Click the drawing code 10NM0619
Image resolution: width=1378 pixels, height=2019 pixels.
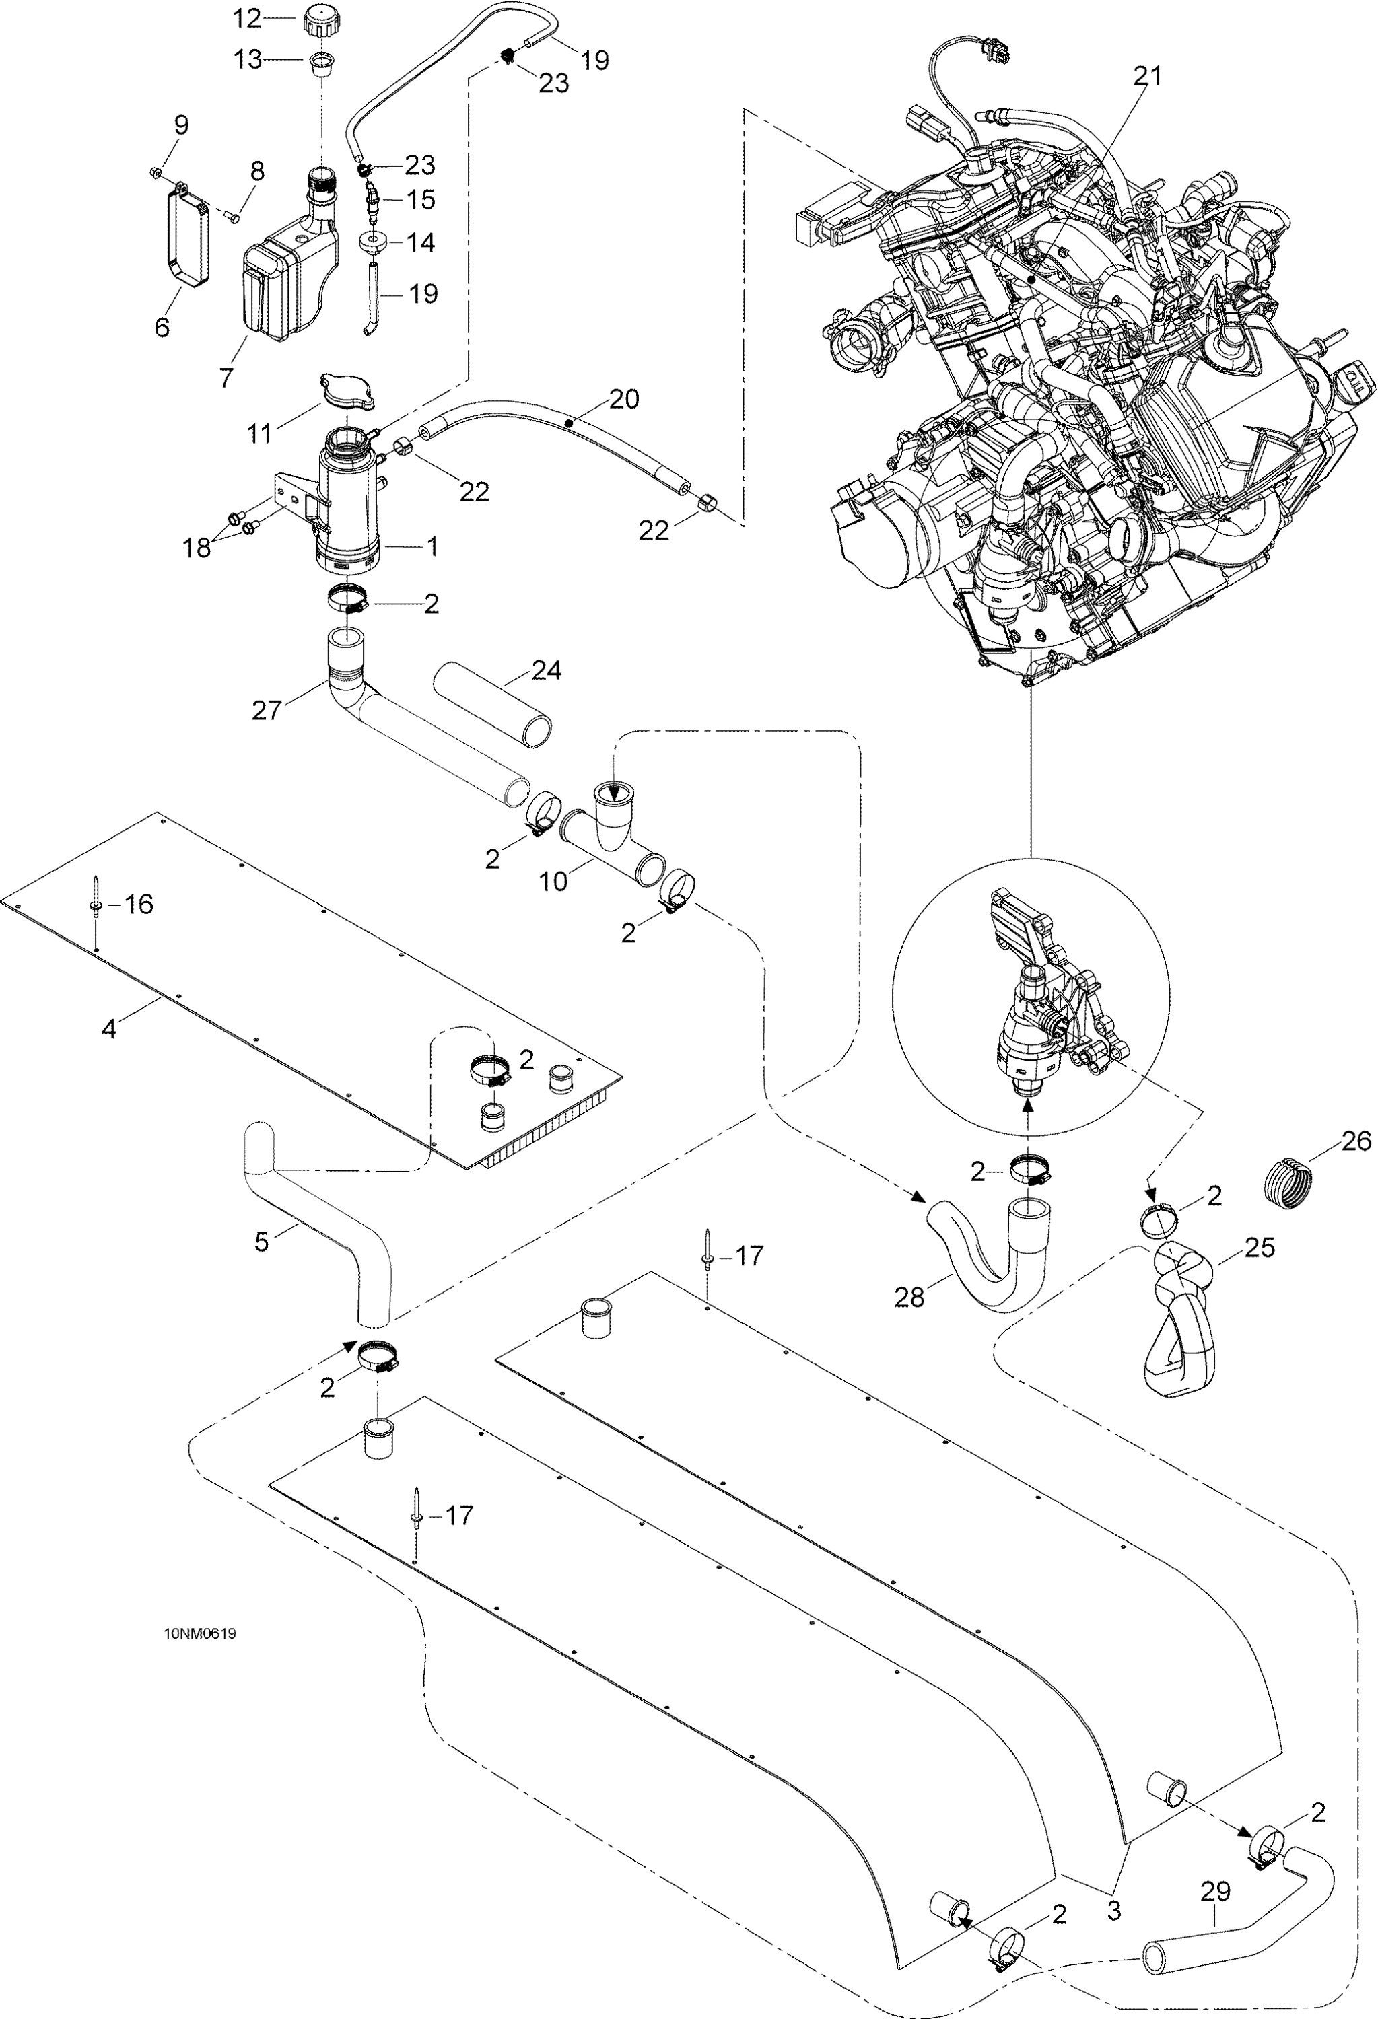200,1633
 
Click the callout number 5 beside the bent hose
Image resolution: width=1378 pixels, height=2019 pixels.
261,1242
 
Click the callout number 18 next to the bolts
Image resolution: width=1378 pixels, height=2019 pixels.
197,548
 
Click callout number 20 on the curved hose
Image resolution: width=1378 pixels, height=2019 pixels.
624,399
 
